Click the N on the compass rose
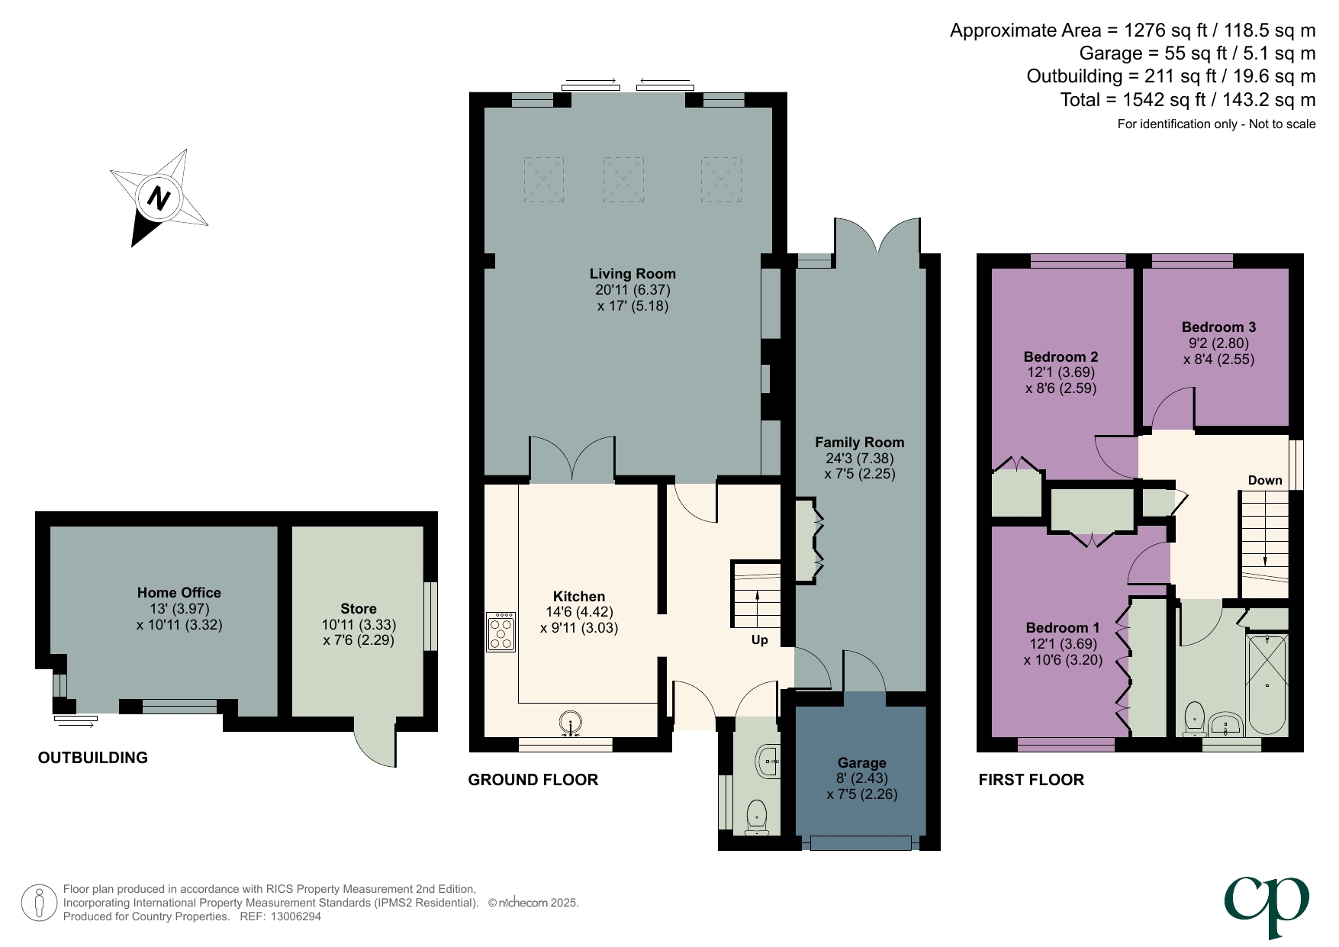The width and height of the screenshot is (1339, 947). coord(158,198)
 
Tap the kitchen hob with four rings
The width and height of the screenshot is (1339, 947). coord(501,632)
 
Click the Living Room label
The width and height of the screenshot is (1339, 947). coord(632,273)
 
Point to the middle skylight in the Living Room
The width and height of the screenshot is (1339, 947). coord(623,179)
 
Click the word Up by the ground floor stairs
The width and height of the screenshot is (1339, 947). coord(759,639)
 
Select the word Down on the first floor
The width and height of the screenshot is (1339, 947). coord(1264,480)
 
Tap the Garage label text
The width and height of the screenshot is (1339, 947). coord(861,762)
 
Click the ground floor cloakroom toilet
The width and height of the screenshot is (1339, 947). coord(756,816)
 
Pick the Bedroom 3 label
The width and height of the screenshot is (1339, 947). coord(1218,327)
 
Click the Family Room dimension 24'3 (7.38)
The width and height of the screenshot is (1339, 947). coord(859,458)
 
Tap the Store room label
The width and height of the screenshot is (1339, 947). coord(358,608)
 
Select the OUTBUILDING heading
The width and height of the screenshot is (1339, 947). coord(92,757)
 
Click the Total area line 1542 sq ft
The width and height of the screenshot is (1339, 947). coord(1187,99)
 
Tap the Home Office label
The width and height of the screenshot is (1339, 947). coord(179,592)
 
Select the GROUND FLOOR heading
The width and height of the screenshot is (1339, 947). coord(533,779)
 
